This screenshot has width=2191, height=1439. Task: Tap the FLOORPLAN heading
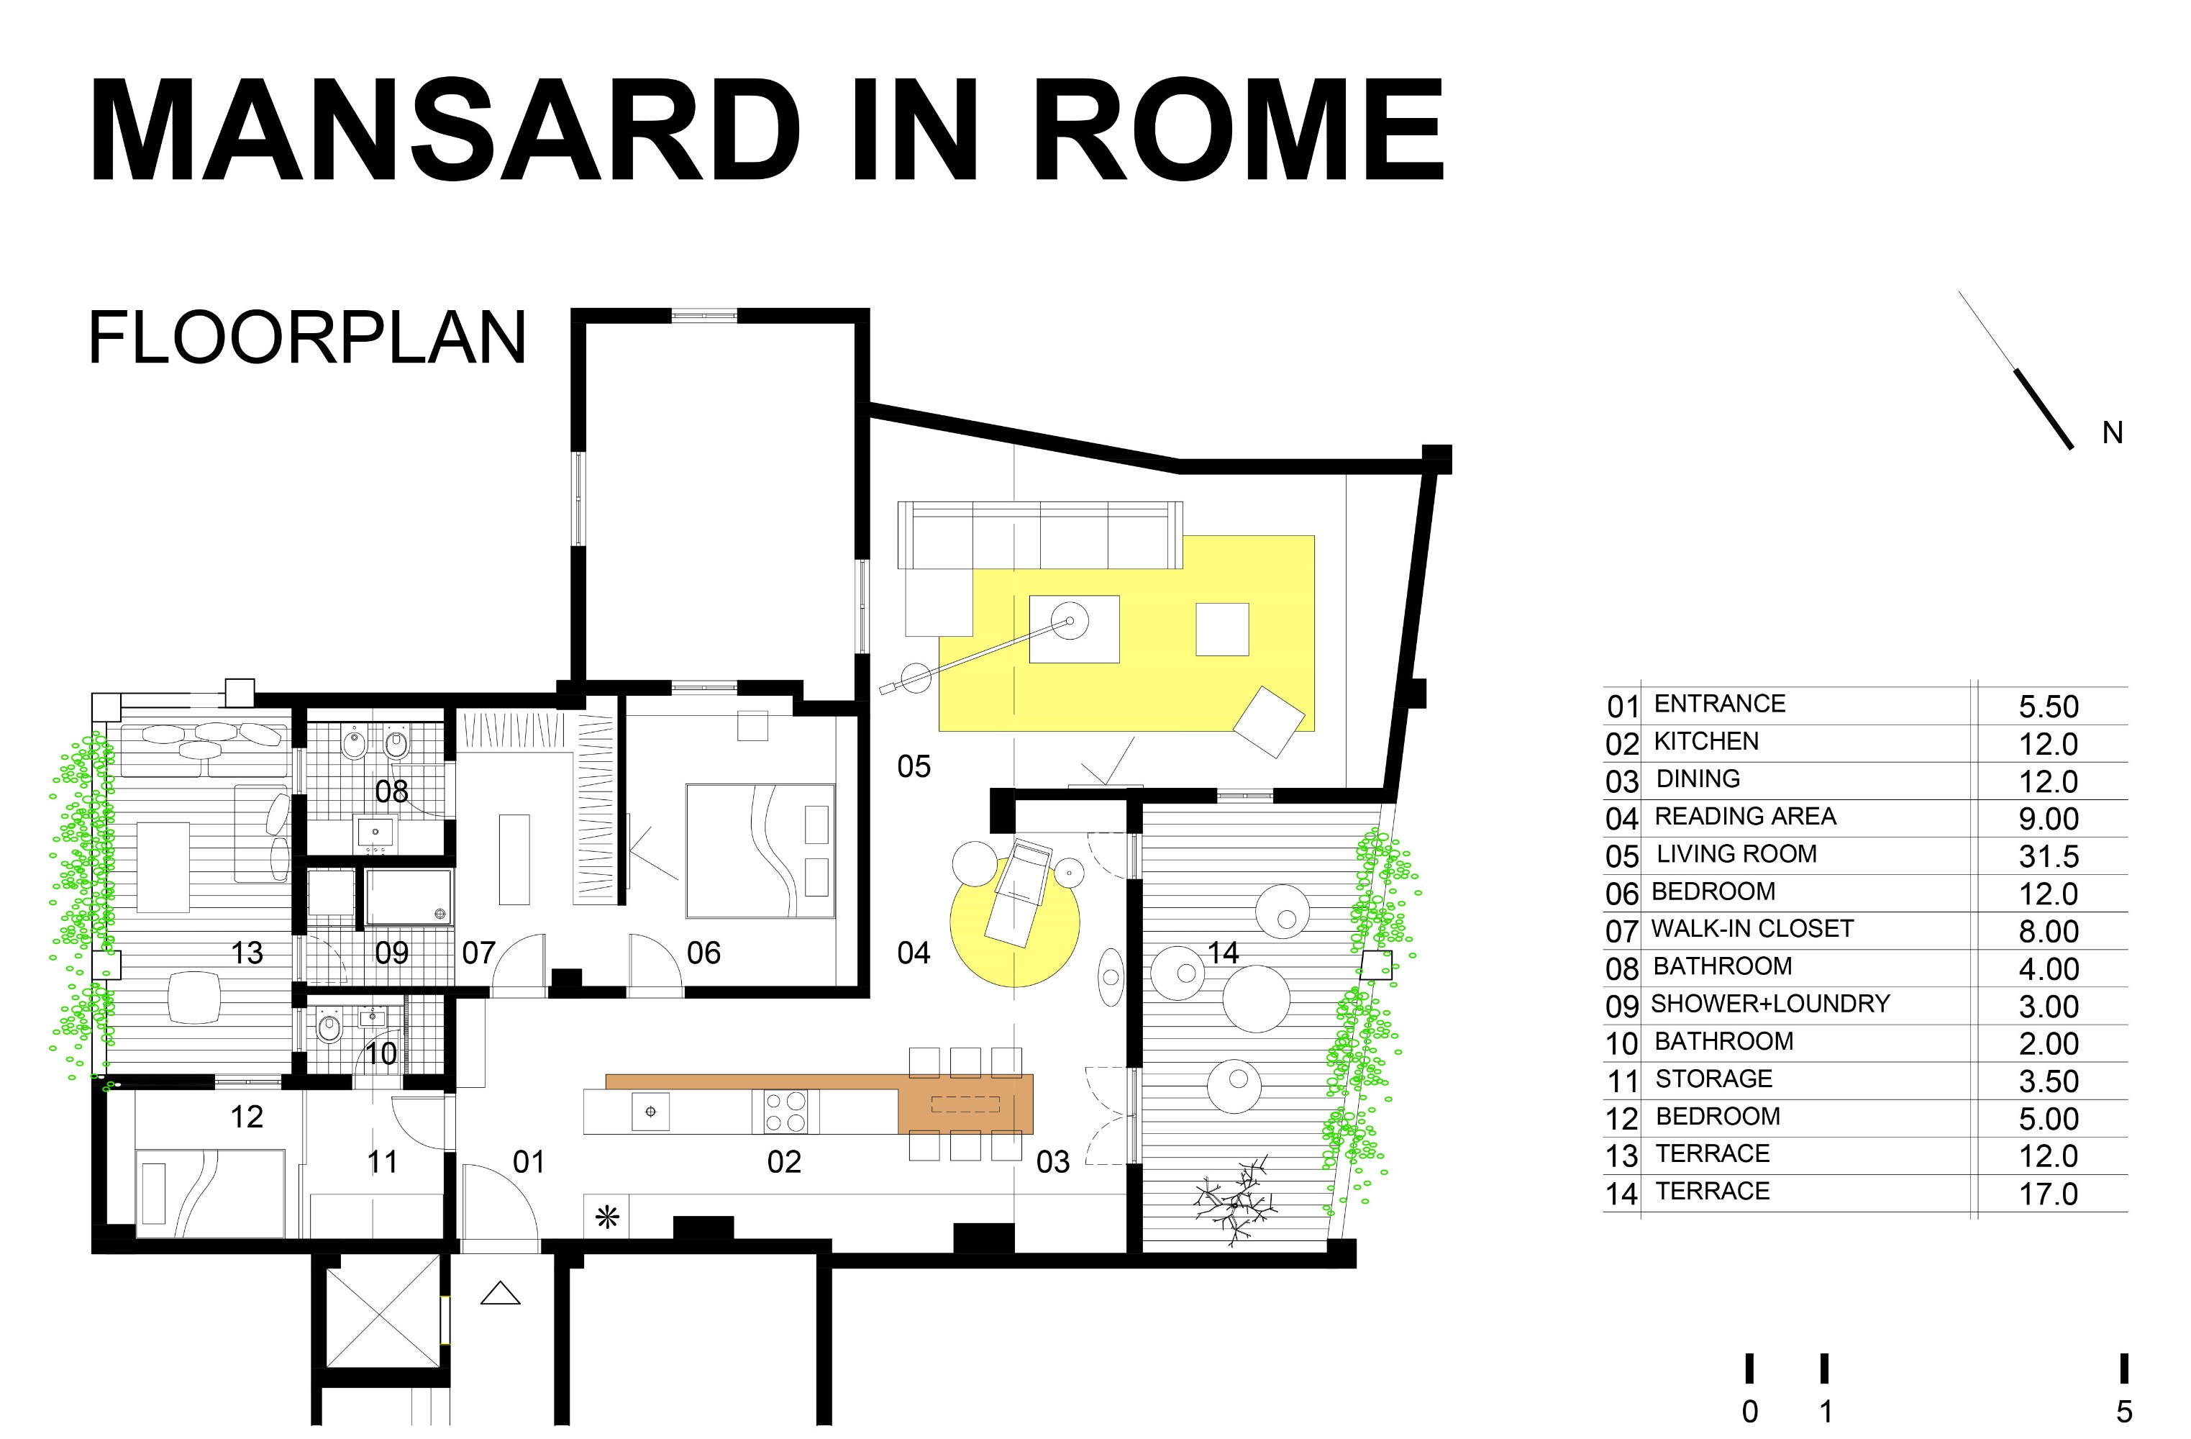point(307,338)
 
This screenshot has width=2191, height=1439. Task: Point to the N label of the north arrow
point(2113,432)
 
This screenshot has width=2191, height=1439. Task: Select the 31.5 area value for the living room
point(2049,856)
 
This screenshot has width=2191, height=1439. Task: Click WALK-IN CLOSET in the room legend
point(1752,929)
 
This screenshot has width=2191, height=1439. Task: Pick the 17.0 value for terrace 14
point(2049,1194)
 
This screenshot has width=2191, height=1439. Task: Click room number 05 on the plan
point(914,766)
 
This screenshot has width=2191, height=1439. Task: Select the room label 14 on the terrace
point(1223,953)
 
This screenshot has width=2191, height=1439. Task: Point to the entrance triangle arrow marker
point(501,1294)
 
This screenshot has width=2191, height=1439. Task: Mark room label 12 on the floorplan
point(247,1117)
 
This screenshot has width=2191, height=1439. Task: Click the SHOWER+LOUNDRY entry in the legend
point(1770,1004)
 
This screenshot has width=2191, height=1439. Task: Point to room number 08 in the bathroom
point(392,791)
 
